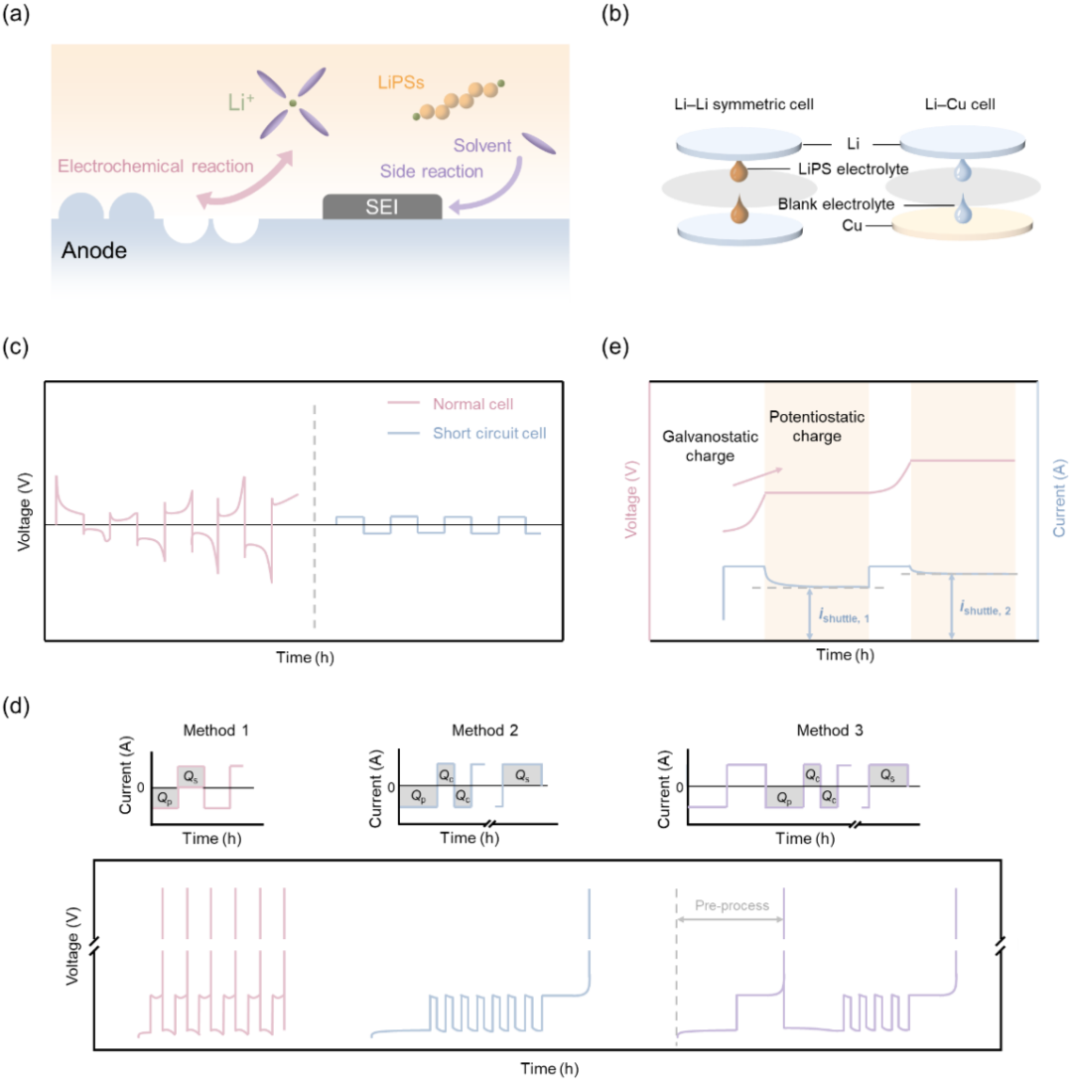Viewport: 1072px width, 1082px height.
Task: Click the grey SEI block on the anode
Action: [382, 206]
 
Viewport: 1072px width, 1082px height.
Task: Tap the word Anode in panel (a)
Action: [94, 250]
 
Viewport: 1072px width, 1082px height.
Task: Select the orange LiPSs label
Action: [401, 82]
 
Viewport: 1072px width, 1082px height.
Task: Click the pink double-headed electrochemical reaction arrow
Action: [244, 180]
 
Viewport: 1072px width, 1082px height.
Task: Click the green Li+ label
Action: [241, 102]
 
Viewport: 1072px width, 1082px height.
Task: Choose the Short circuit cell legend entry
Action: [468, 433]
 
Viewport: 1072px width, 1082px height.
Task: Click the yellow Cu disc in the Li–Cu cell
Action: [962, 225]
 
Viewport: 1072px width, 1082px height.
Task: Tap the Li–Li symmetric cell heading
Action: [743, 104]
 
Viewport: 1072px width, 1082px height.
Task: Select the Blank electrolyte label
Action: [836, 204]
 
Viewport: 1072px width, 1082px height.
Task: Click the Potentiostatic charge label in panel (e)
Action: [817, 426]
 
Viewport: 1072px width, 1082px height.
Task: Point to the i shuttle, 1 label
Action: [844, 615]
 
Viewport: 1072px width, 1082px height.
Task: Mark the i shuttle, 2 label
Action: [985, 608]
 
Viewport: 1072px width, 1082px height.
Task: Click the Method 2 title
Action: [485, 730]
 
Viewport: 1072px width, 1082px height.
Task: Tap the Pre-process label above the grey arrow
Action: [732, 905]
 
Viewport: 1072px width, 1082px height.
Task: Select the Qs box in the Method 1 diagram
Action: [192, 777]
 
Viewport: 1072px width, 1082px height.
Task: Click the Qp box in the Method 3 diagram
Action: [784, 797]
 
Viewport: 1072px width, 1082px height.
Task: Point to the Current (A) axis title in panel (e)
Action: [1059, 498]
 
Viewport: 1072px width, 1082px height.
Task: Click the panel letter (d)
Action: [16, 706]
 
